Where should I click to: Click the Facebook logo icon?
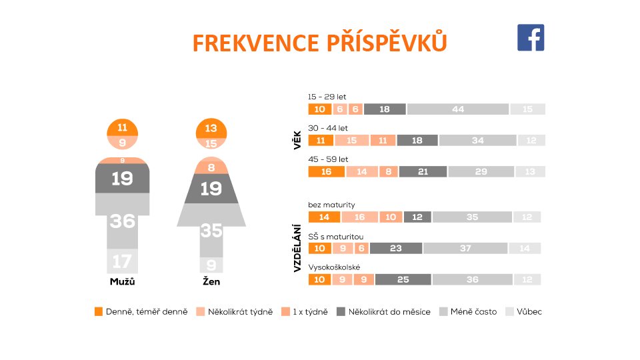[531, 38]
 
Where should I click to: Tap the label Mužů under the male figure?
[123, 282]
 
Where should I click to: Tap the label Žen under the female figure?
[211, 282]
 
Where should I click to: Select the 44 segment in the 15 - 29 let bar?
[458, 109]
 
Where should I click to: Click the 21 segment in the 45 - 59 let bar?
[423, 172]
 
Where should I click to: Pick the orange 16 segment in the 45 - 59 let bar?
[326, 172]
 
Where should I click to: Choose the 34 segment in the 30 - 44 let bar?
[477, 141]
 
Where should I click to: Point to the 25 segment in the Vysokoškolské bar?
[403, 279]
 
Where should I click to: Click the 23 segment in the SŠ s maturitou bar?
[396, 248]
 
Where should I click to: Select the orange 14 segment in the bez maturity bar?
[324, 217]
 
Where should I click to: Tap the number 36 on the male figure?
[123, 221]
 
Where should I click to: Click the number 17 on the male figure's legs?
[123, 261]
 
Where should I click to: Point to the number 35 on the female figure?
[211, 231]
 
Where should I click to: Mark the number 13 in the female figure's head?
[211, 129]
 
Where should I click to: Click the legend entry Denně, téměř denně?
[141, 311]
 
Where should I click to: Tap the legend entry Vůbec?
[524, 311]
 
